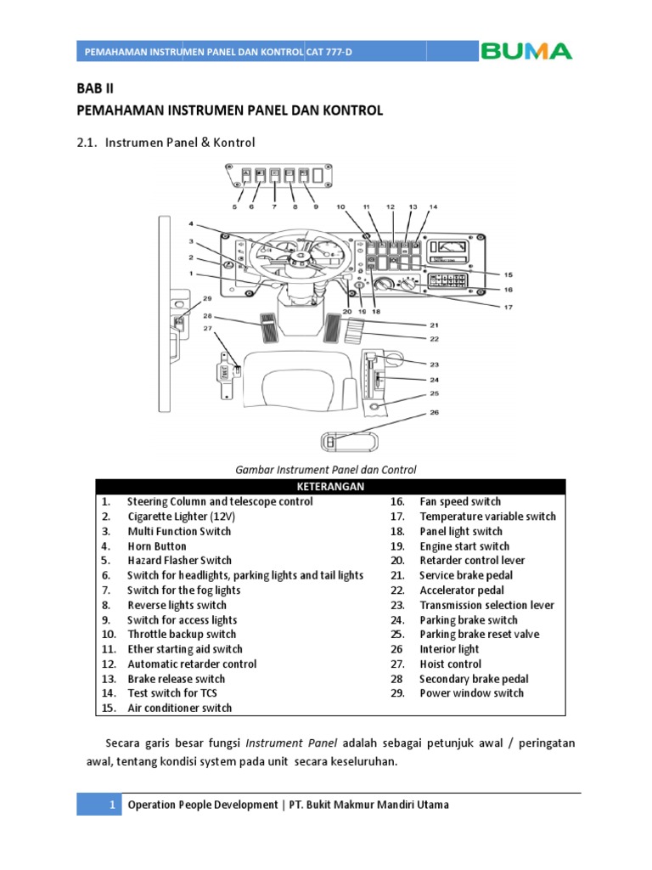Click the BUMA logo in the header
pyautogui.click(x=526, y=51)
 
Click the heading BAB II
pyautogui.click(x=94, y=88)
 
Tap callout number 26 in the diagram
pyautogui.click(x=435, y=414)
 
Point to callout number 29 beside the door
pyautogui.click(x=206, y=299)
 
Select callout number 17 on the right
pyautogui.click(x=509, y=307)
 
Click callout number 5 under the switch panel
pyautogui.click(x=234, y=206)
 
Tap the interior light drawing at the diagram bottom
pyautogui.click(x=348, y=443)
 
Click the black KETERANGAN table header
pyautogui.click(x=329, y=486)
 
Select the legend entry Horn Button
pyautogui.click(x=156, y=546)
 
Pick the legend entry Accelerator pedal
pyautogui.click(x=461, y=590)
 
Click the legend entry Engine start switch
pyautogui.click(x=464, y=546)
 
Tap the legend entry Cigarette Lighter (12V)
pyautogui.click(x=180, y=517)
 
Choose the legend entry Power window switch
pyautogui.click(x=471, y=693)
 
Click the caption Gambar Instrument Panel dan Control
pyautogui.click(x=326, y=469)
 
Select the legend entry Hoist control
pyautogui.click(x=450, y=664)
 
